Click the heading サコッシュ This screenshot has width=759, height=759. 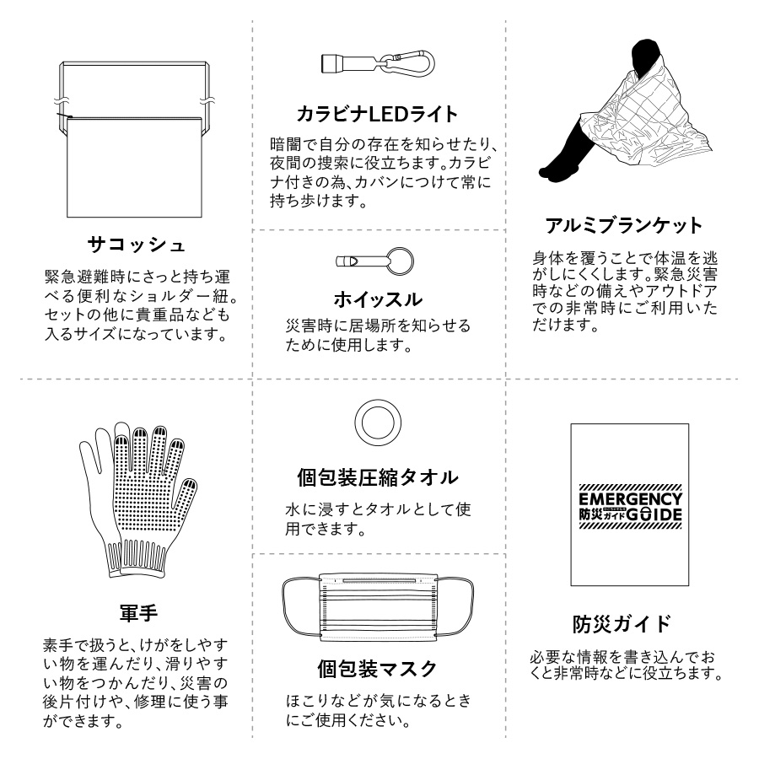pyautogui.click(x=137, y=245)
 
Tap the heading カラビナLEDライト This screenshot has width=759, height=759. pyautogui.click(x=378, y=113)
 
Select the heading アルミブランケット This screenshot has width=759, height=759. pyautogui.click(x=623, y=225)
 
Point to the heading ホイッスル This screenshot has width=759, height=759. pyautogui.click(x=378, y=299)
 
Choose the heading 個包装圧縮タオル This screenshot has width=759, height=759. pyautogui.click(x=378, y=477)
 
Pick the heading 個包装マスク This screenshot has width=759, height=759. pyautogui.click(x=378, y=670)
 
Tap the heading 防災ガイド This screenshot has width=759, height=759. pyautogui.click(x=623, y=624)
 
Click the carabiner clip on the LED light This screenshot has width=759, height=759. pyautogui.click(x=413, y=62)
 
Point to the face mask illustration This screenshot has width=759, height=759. pyautogui.click(x=378, y=602)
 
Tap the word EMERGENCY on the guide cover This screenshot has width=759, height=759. pyautogui.click(x=630, y=498)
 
